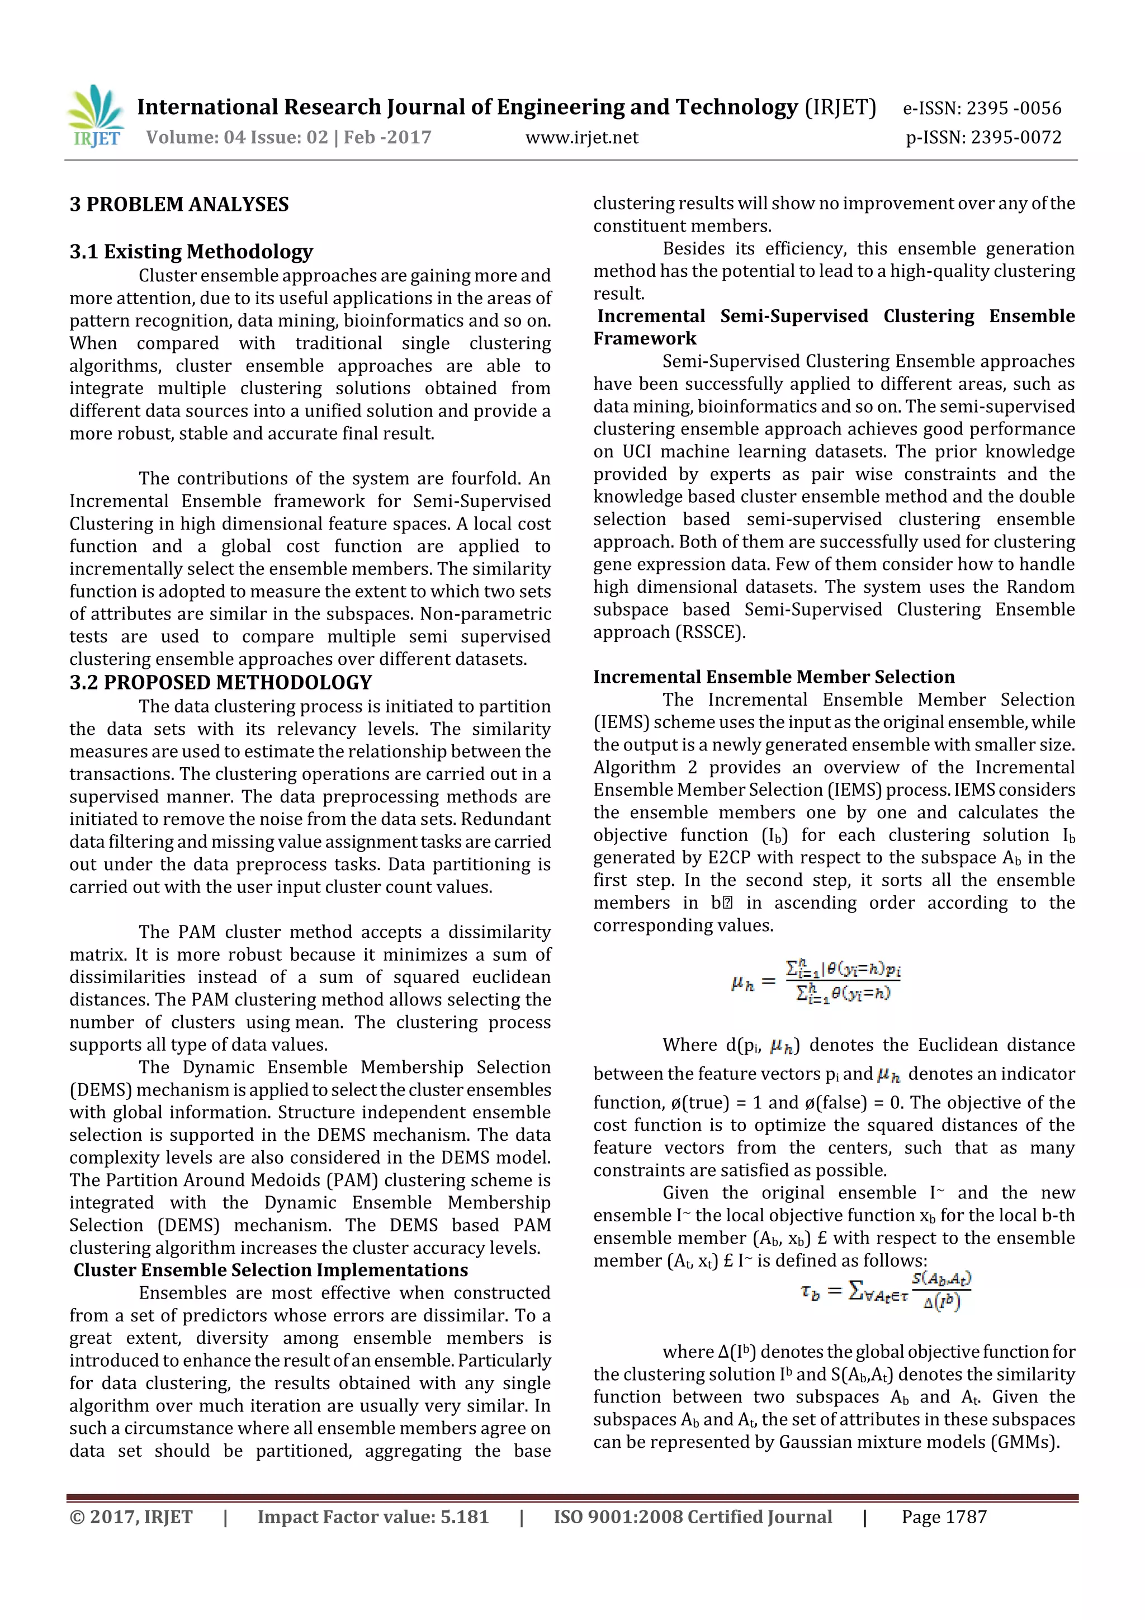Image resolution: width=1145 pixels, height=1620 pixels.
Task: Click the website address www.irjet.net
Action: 581,138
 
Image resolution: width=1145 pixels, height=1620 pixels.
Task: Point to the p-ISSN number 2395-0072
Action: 1016,138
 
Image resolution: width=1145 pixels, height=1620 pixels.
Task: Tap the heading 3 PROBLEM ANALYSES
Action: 179,205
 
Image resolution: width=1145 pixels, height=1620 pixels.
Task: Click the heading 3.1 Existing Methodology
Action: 191,252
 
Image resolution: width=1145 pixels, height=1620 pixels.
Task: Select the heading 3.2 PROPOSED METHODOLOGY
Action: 220,682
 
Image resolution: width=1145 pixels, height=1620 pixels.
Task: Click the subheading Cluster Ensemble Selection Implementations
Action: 270,1270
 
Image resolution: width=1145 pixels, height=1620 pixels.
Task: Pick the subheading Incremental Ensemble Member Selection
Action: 773,677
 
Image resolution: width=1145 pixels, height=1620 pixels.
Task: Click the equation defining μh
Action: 816,981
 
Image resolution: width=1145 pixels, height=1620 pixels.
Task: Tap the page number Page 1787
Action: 943,1517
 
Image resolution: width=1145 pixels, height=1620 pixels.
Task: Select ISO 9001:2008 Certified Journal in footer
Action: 692,1517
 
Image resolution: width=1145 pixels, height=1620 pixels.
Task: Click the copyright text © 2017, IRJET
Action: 131,1517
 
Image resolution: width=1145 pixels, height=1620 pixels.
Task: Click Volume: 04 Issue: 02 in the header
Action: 237,138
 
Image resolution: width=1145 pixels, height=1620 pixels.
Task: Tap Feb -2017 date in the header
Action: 387,138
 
